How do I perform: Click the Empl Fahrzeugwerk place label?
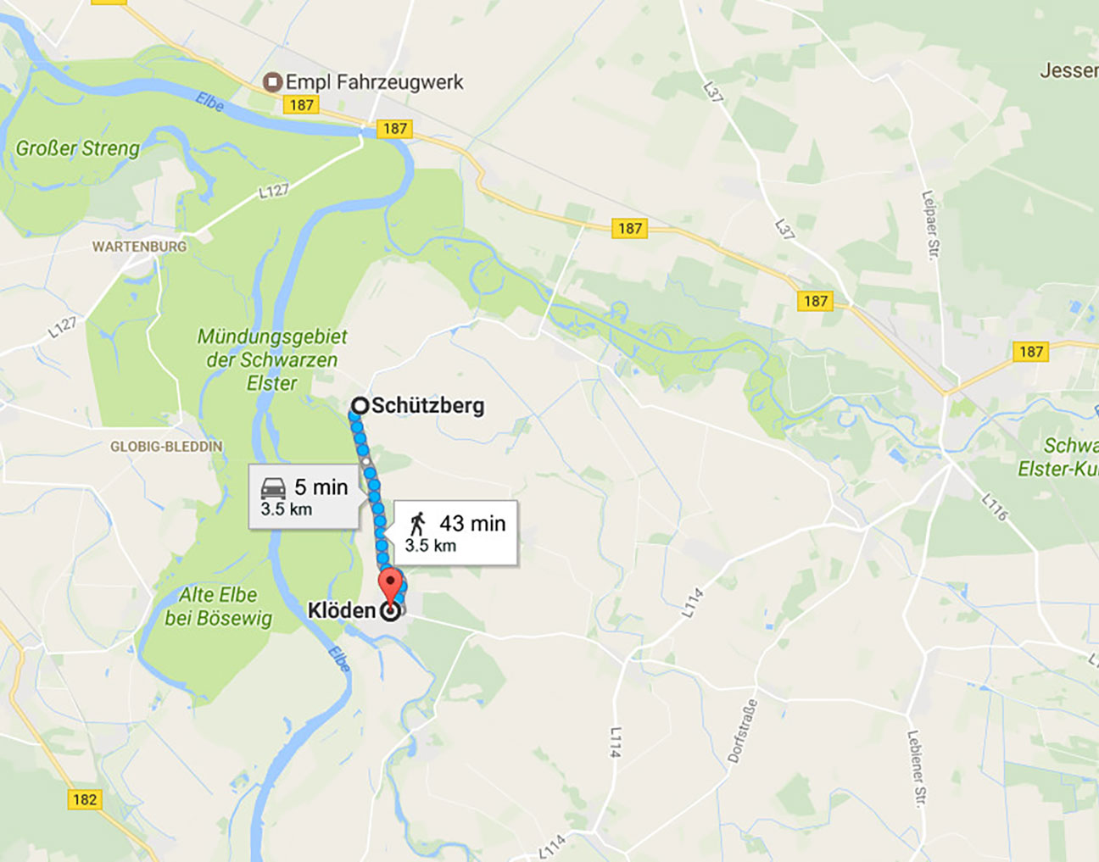pos(374,82)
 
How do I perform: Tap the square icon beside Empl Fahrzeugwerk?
pos(272,82)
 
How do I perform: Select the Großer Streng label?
pos(78,148)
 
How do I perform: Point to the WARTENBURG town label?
pos(139,247)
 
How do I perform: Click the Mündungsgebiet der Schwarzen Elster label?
pos(272,359)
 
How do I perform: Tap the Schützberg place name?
pos(428,405)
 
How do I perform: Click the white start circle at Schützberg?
pos(360,406)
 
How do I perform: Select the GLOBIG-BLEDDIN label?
pos(166,446)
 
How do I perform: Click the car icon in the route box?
pos(273,488)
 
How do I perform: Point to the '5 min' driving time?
pos(321,487)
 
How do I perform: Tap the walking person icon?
pos(417,524)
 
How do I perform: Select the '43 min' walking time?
pos(472,524)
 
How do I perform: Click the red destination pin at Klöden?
pos(390,586)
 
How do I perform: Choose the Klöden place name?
pos(342,610)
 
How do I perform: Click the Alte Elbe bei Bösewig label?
pos(219,606)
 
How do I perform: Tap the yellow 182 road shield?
pos(85,799)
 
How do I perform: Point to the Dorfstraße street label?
pos(742,731)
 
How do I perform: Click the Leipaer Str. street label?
pos(930,225)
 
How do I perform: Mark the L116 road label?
pos(995,506)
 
